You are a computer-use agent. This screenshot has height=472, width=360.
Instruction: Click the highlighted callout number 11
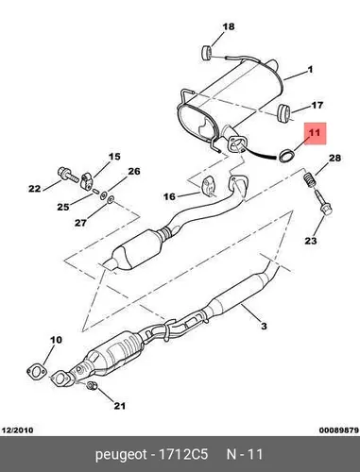pos(315,133)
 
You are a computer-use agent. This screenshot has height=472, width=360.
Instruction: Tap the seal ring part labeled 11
pos(286,156)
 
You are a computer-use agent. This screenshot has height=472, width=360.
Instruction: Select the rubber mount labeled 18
pos(206,52)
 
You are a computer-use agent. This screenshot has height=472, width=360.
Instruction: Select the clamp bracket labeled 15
pos(86,182)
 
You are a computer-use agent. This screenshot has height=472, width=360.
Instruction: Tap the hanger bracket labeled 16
pos(208,188)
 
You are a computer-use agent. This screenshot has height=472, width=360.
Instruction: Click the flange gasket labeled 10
pos(37,372)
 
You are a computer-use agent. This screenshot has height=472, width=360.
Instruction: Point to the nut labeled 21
pos(92,385)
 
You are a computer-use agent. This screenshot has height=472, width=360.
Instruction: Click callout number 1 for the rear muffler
pos(310,69)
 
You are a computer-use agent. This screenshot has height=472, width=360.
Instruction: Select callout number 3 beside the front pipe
pos(264,326)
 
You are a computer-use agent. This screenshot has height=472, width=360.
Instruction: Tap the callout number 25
pos(63,207)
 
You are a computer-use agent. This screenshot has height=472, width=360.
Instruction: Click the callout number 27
pos(80,223)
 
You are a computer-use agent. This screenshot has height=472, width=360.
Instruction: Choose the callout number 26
pos(134,171)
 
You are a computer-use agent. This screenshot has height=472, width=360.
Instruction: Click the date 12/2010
pos(18,430)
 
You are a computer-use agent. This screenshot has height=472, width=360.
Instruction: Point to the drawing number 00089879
pos(339,430)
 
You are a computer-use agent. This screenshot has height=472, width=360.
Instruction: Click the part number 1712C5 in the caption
pos(183,454)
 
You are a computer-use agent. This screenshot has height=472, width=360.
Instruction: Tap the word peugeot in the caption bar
pos(121,455)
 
